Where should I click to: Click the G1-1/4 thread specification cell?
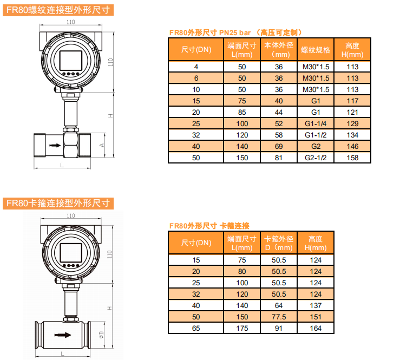tap(316, 124)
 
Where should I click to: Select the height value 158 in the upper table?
tap(352, 158)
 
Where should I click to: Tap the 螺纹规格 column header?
tap(316, 50)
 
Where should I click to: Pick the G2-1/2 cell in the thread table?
tap(316, 158)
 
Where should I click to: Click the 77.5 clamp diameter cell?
tap(279, 317)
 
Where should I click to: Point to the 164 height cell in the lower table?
tap(316, 328)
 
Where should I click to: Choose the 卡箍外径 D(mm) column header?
tap(279, 243)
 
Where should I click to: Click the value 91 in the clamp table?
tap(279, 328)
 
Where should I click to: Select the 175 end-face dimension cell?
tap(242, 328)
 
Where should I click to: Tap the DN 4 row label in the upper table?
tap(196, 67)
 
